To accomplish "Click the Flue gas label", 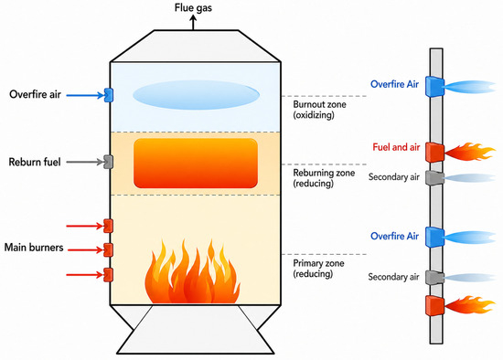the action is (193, 7).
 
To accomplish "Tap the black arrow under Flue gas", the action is (193, 23).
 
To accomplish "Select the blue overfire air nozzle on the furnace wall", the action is (109, 95).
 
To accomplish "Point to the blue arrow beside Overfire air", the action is (85, 95).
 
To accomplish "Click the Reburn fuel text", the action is (35, 162).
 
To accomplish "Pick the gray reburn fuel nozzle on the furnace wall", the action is (109, 162).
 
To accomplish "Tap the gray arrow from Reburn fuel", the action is (85, 163).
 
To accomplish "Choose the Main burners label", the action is (34, 248).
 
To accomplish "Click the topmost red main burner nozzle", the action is (109, 226).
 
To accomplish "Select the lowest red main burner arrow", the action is (85, 275).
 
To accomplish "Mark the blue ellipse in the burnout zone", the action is (196, 95).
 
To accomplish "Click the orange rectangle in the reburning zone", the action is (196, 164).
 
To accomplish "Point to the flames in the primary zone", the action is (192, 272).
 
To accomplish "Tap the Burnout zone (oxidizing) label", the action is (319, 110).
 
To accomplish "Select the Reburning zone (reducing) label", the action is (324, 178).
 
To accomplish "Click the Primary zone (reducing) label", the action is (318, 269).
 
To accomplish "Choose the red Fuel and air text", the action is (396, 147).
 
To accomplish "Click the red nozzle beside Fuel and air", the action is (434, 152).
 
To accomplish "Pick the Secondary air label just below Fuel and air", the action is (394, 177).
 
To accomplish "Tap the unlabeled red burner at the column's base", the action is (434, 305).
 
